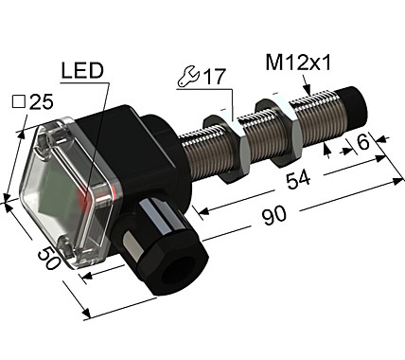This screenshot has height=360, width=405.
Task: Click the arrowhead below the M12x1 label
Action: point(306,91)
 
